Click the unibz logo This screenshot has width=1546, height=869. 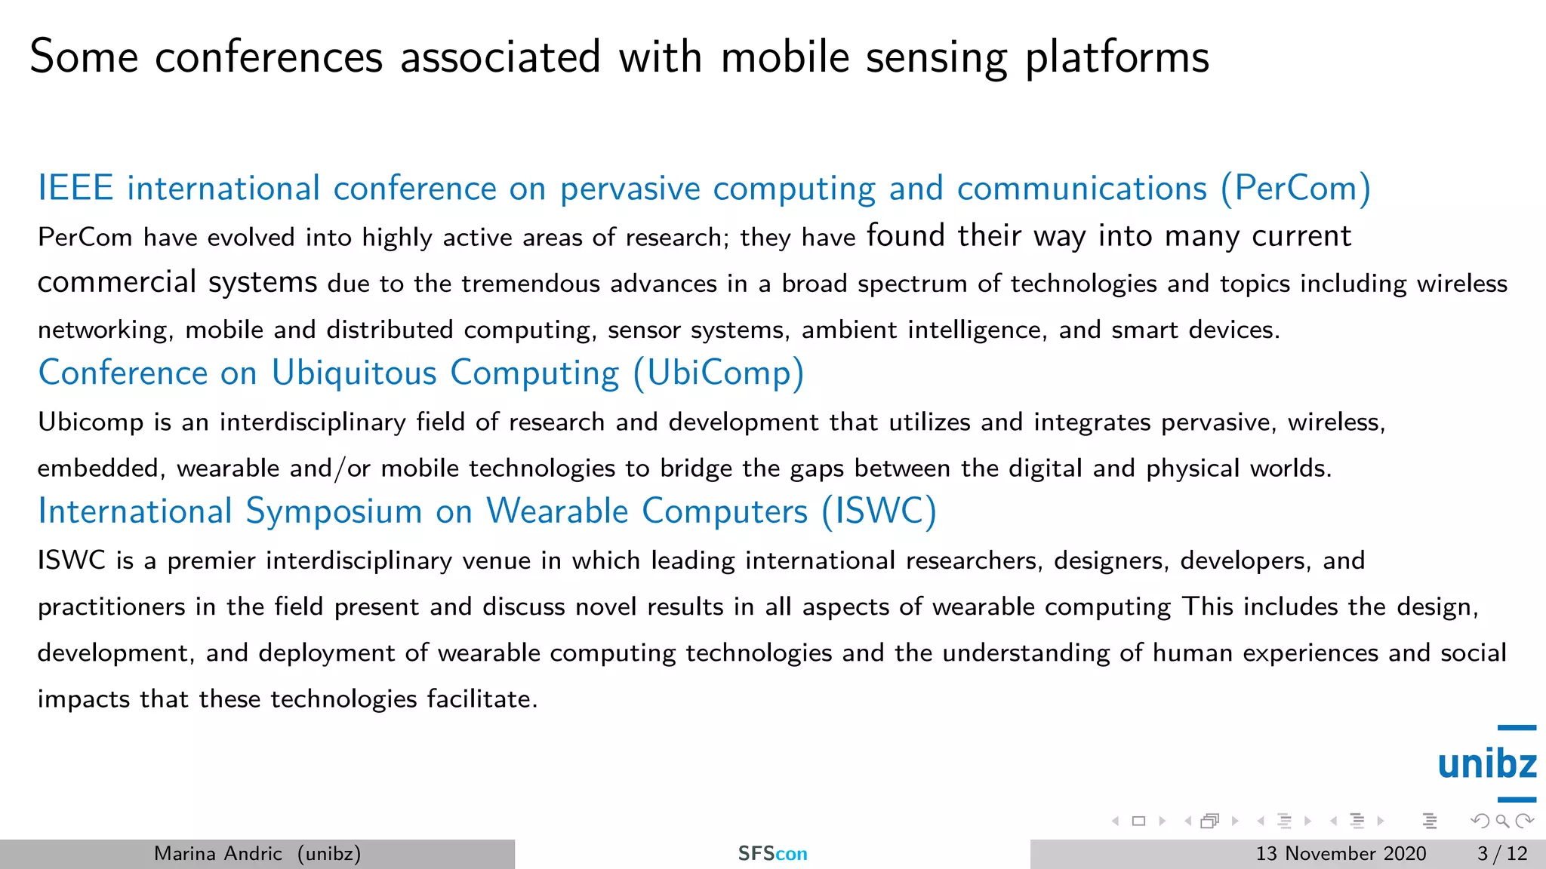click(1486, 763)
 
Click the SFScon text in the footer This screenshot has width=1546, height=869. click(772, 853)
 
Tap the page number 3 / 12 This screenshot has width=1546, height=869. click(1502, 853)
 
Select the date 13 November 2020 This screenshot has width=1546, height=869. click(1341, 853)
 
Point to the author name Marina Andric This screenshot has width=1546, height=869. click(217, 853)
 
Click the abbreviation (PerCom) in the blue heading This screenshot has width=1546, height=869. click(1295, 188)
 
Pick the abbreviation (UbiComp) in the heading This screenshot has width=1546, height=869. click(719, 373)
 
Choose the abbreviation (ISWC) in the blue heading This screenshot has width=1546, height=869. click(879, 511)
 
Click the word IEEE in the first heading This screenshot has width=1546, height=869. click(75, 188)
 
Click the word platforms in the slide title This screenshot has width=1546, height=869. click(1117, 57)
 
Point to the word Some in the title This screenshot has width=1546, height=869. click(84, 57)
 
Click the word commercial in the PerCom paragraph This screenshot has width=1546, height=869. click(117, 282)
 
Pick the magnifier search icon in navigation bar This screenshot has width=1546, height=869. click(1502, 821)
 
